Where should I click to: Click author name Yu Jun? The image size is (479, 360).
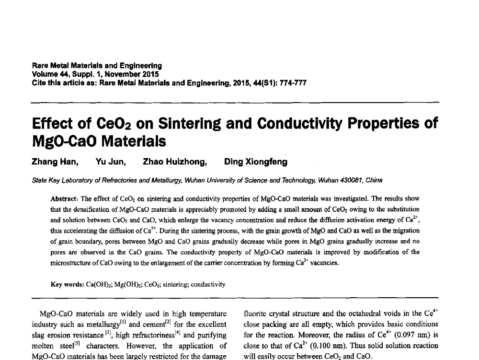click(111, 162)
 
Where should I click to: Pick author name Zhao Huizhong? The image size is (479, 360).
click(175, 162)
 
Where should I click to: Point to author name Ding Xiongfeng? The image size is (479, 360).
click(256, 162)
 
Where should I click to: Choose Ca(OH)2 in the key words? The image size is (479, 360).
click(96, 284)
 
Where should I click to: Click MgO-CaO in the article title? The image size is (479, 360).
click(63, 141)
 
